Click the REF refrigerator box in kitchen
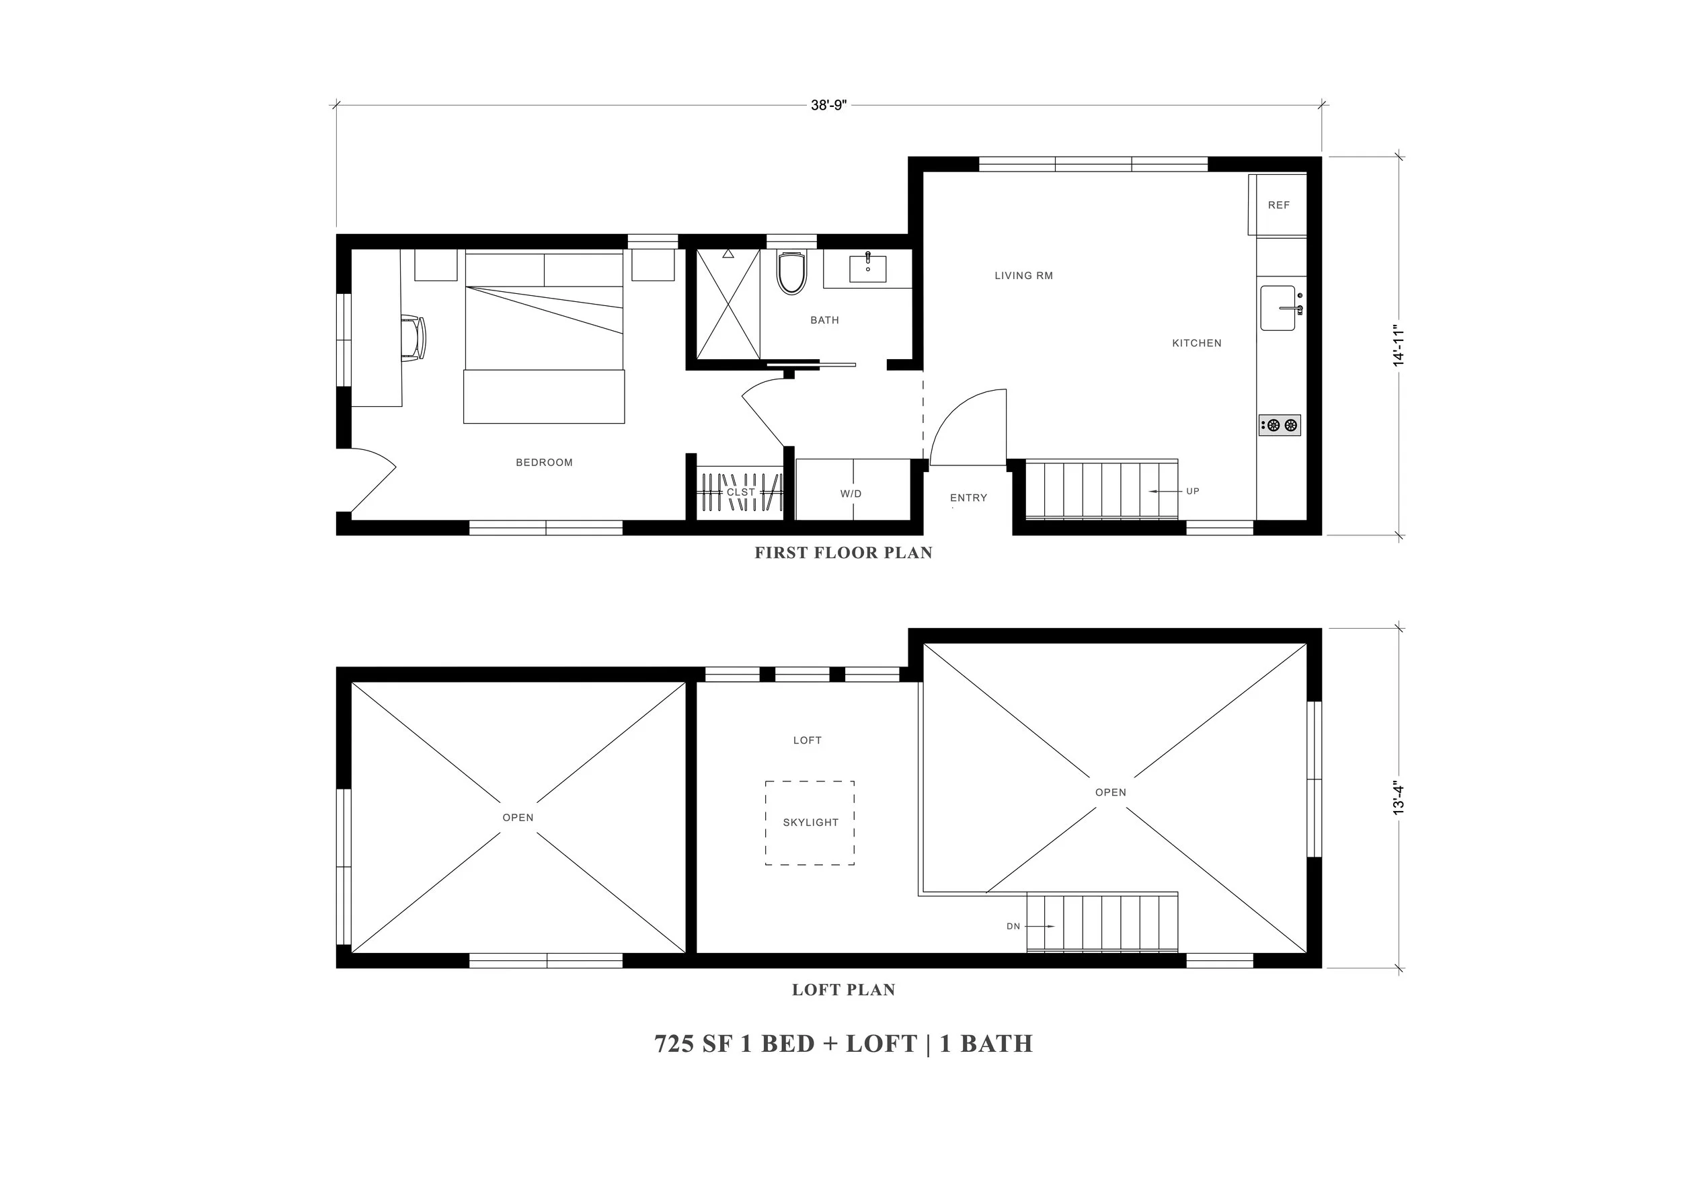[1278, 205]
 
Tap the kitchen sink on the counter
[1278, 308]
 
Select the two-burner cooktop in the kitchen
[1280, 424]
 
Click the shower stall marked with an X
[728, 304]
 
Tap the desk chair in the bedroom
[414, 338]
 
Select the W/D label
[851, 494]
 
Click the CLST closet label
[740, 492]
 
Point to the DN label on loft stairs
[1013, 926]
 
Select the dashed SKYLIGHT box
[810, 822]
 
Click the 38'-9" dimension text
[828, 106]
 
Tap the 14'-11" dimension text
[1399, 346]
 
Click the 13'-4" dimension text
[1399, 799]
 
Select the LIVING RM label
[1023, 276]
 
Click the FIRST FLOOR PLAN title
[843, 553]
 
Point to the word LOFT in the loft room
[807, 740]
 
